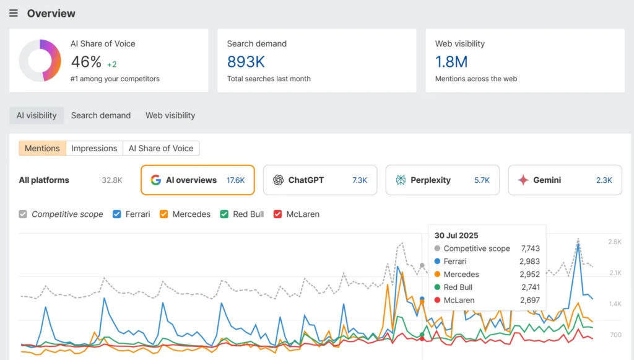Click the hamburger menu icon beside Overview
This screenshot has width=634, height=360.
pyautogui.click(x=14, y=14)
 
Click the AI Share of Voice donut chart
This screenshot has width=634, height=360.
pyautogui.click(x=40, y=60)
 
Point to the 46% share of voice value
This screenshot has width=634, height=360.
pyautogui.click(x=86, y=62)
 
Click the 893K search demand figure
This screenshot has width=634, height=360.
pyautogui.click(x=246, y=62)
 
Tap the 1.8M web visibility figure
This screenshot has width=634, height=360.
pyautogui.click(x=451, y=62)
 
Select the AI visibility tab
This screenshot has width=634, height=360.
pyautogui.click(x=37, y=115)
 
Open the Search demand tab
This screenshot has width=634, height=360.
pyautogui.click(x=101, y=115)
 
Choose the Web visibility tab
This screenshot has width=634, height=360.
pyautogui.click(x=170, y=115)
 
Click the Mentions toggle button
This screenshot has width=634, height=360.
pyautogui.click(x=42, y=148)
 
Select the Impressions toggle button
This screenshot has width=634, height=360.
pyautogui.click(x=94, y=148)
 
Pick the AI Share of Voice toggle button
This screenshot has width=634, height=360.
pyautogui.click(x=161, y=148)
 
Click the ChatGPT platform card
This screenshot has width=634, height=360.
pyautogui.click(x=320, y=180)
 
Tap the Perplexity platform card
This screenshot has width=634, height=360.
pyautogui.click(x=443, y=180)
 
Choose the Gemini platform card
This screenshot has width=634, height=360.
pyautogui.click(x=565, y=180)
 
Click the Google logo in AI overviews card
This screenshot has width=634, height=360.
pyautogui.click(x=155, y=180)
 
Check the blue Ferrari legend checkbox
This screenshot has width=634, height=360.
pyautogui.click(x=117, y=214)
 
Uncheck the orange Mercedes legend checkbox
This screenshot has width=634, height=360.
pyautogui.click(x=164, y=214)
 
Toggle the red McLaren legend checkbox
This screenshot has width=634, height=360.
pyautogui.click(x=278, y=214)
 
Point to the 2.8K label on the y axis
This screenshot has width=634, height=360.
pyautogui.click(x=615, y=242)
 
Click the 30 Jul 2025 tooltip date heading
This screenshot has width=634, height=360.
pyautogui.click(x=456, y=235)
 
